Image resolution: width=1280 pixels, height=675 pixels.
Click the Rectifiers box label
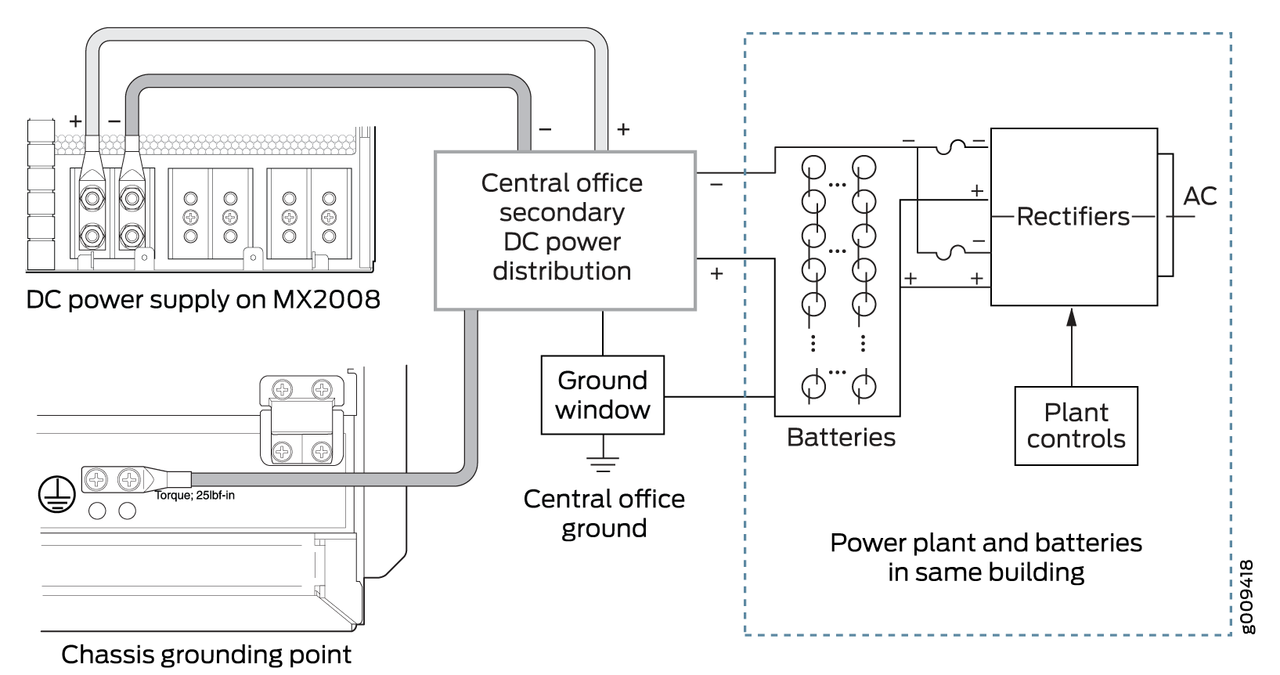pyautogui.click(x=1073, y=216)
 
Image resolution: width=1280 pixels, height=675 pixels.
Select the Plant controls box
pyautogui.click(x=1076, y=425)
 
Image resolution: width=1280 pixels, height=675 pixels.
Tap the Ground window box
pyautogui.click(x=602, y=395)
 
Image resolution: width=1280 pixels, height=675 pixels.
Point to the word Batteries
pyautogui.click(x=841, y=437)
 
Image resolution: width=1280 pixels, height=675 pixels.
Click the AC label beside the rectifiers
pyautogui.click(x=1199, y=196)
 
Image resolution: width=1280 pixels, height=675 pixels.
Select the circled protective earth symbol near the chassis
pyautogui.click(x=56, y=494)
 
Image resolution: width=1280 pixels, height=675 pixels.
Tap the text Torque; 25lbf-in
pyautogui.click(x=195, y=495)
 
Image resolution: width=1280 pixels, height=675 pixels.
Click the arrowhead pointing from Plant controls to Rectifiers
pyautogui.click(x=1072, y=317)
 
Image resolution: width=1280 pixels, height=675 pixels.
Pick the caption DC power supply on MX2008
pyautogui.click(x=203, y=299)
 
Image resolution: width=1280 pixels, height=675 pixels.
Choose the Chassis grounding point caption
pyautogui.click(x=206, y=654)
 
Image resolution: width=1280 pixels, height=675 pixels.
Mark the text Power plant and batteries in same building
pyautogui.click(x=986, y=557)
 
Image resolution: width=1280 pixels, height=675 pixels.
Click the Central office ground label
pyautogui.click(x=604, y=513)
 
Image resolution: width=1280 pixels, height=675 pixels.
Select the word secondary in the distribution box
pyautogui.click(x=562, y=212)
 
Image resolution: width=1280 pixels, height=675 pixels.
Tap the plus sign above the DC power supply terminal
pyautogui.click(x=75, y=121)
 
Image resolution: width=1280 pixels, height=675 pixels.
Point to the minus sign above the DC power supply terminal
pyautogui.click(x=114, y=121)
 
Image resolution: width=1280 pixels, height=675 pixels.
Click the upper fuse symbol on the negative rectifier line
pyautogui.click(x=950, y=146)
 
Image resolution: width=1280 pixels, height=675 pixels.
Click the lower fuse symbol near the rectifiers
pyautogui.click(x=950, y=252)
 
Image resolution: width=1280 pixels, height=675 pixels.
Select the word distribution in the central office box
pyautogui.click(x=562, y=271)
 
